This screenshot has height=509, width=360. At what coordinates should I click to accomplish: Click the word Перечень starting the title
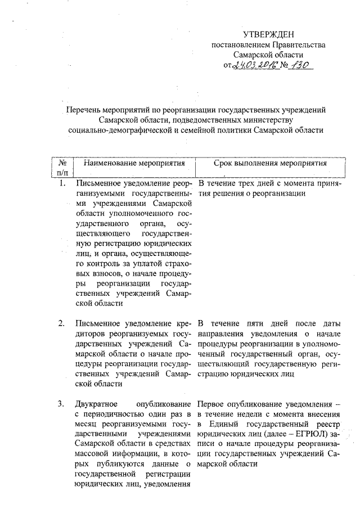(82, 110)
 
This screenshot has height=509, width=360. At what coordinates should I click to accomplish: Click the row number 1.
(63, 183)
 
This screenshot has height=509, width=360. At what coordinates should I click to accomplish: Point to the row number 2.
(62, 323)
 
